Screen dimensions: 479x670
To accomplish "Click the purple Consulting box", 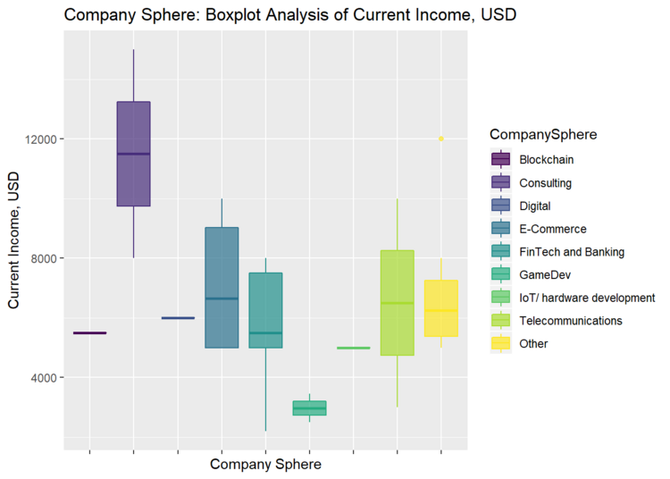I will click(133, 154).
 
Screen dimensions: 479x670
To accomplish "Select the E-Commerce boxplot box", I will click(222, 287).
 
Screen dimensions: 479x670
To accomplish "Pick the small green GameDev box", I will click(309, 408).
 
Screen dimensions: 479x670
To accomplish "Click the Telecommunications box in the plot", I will click(397, 303).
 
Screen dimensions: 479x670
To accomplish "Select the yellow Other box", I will click(440, 308).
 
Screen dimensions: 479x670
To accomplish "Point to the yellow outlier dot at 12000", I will click(440, 139).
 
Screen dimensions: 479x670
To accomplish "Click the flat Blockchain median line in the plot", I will click(89, 333).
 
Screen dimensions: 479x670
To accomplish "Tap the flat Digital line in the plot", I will click(178, 318).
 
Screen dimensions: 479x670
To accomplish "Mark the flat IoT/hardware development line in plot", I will click(353, 348).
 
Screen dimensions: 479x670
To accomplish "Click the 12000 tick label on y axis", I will click(39, 139).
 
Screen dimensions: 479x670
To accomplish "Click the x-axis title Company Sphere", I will click(265, 465).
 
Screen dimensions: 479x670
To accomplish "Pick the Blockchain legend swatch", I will click(501, 160).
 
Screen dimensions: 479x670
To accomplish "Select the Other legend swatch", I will click(501, 343).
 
